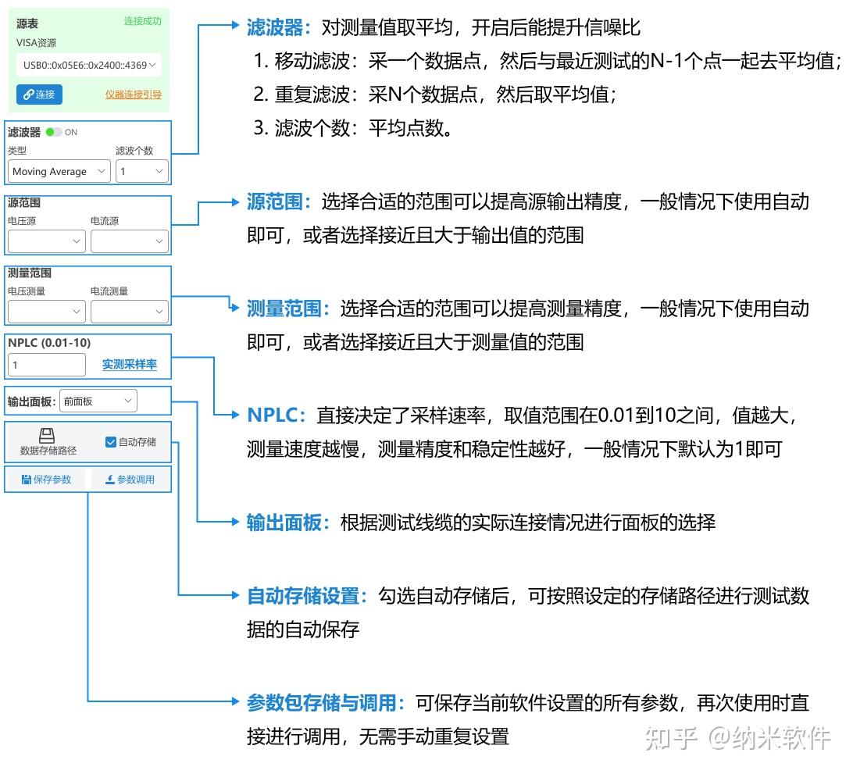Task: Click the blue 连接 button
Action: click(x=39, y=95)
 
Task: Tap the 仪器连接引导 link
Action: click(x=134, y=95)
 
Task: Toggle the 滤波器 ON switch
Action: click(x=53, y=132)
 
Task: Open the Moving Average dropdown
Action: click(x=59, y=171)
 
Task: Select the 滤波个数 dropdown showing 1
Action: click(x=142, y=171)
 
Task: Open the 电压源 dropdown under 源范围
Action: click(x=46, y=241)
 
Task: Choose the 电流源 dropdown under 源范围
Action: click(x=129, y=241)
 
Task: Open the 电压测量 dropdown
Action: click(x=46, y=312)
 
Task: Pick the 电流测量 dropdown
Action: click(x=129, y=312)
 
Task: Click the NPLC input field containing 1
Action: click(x=46, y=365)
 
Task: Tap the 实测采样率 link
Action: click(x=129, y=365)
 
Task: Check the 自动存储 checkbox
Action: click(x=111, y=442)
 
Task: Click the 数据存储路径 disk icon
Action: click(x=47, y=436)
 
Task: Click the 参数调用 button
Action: click(x=130, y=480)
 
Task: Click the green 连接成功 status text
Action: click(x=142, y=21)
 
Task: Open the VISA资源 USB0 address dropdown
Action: click(x=89, y=65)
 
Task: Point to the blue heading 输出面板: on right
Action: click(x=284, y=523)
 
